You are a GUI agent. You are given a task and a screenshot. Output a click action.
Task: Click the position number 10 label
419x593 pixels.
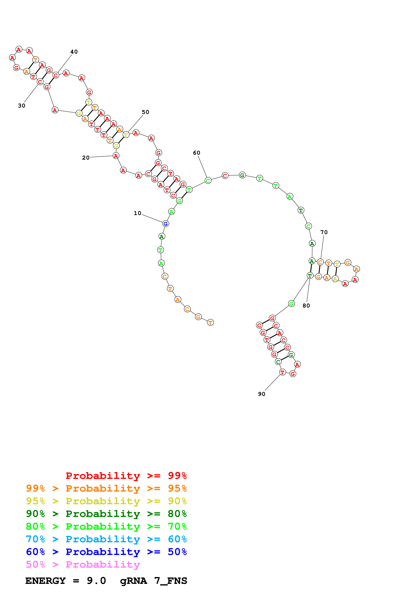[137, 213]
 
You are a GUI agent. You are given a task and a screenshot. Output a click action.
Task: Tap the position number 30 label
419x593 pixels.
[22, 106]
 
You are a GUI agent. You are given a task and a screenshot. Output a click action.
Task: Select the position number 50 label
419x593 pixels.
[145, 112]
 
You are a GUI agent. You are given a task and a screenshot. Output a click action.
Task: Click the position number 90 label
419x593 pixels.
[261, 394]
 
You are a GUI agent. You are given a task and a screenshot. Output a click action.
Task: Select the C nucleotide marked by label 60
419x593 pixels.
[208, 181]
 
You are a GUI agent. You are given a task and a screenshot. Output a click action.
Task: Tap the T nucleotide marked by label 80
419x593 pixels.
[310, 276]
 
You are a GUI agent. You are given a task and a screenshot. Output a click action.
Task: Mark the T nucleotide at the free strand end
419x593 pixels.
[210, 322]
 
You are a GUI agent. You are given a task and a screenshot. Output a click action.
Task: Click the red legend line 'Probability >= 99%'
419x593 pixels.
[126, 476]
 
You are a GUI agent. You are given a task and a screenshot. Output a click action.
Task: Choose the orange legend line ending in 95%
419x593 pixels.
[106, 488]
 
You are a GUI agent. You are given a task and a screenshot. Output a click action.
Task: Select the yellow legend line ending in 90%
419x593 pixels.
[106, 501]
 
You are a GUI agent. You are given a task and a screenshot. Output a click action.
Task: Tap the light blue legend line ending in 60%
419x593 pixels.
[106, 539]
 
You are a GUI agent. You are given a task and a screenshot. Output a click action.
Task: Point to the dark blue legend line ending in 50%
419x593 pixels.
[106, 552]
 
